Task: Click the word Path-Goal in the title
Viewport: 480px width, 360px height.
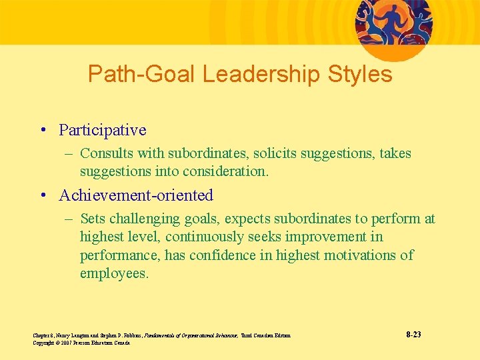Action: (x=141, y=74)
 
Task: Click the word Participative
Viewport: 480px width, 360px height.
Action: (x=103, y=129)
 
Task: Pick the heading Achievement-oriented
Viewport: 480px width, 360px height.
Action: (x=136, y=195)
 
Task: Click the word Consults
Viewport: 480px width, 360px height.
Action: (x=104, y=153)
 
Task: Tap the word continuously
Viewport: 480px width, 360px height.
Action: (x=207, y=237)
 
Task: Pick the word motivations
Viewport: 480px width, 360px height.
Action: (x=361, y=255)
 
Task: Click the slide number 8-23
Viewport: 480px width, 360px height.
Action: (x=413, y=334)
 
